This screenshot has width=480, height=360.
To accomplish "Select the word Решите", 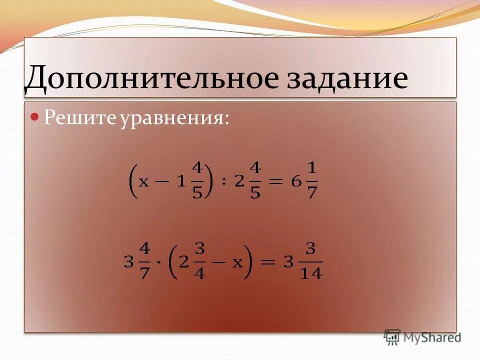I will tap(79, 118).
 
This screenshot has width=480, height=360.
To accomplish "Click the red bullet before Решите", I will tap(35, 117).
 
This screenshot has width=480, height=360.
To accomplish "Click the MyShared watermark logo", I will tap(423, 337).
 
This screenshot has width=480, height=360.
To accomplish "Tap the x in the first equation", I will tap(144, 181).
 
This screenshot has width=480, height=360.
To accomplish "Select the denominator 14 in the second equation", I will tap(311, 273).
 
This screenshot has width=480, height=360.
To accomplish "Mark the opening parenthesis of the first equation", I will tap(133, 181).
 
